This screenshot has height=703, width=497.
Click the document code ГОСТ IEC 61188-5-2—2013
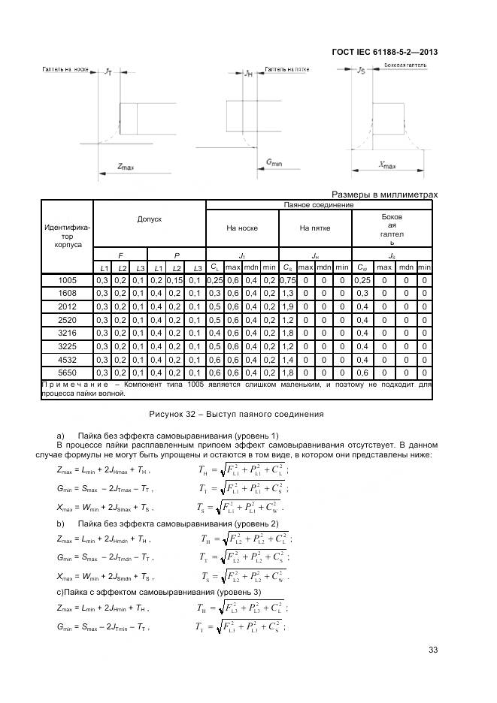(x=384, y=52)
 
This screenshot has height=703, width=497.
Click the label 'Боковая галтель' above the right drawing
(x=405, y=66)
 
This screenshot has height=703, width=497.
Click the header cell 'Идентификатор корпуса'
(x=67, y=233)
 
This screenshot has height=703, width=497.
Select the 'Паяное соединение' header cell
(x=319, y=204)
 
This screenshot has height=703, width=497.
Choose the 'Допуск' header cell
(x=149, y=219)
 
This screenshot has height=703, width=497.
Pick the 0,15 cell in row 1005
(x=175, y=280)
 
